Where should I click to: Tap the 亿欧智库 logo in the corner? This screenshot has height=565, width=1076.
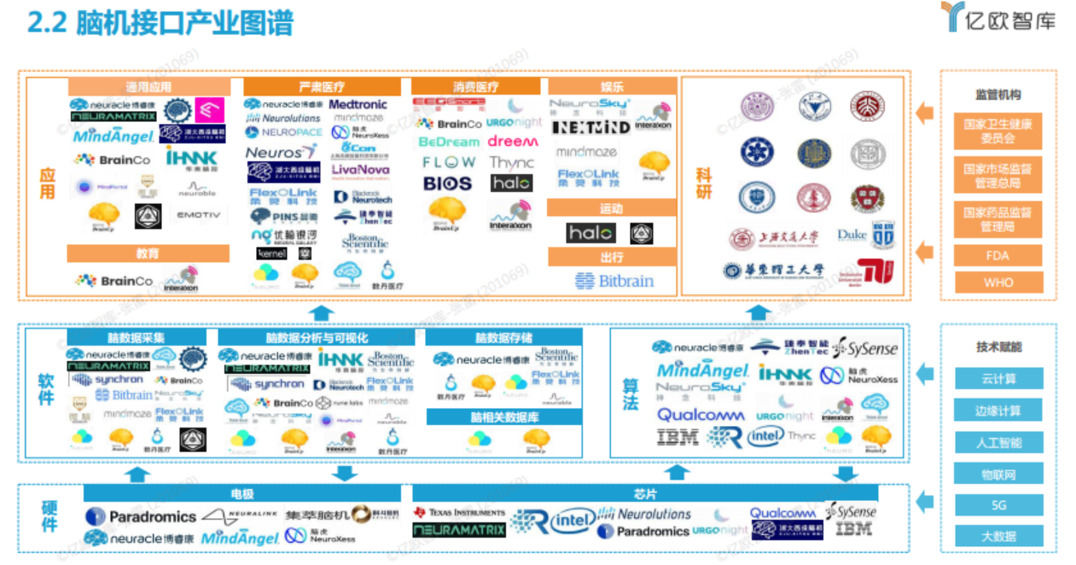coord(998,18)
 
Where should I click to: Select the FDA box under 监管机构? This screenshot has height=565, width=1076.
coord(997,255)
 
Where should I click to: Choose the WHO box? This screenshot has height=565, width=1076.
coord(997,282)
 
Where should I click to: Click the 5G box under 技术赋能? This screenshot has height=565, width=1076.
coord(997,505)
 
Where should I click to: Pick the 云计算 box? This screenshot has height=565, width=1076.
coord(997,379)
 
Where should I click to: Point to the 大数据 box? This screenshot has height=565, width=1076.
coord(997,537)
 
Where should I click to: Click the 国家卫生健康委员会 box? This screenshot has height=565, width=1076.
coord(997,131)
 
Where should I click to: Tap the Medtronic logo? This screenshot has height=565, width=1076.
coord(358,104)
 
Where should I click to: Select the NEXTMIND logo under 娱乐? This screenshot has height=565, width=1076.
coord(590,127)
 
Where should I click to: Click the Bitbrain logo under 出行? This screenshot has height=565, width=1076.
coord(614,281)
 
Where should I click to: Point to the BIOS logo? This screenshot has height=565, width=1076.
coord(447,183)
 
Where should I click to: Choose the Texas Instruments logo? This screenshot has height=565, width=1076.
coord(459,513)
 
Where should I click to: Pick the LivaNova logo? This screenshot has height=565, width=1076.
coord(360,170)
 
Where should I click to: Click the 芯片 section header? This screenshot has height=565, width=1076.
coord(645,493)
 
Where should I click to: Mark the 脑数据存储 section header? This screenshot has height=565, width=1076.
coord(503,338)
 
